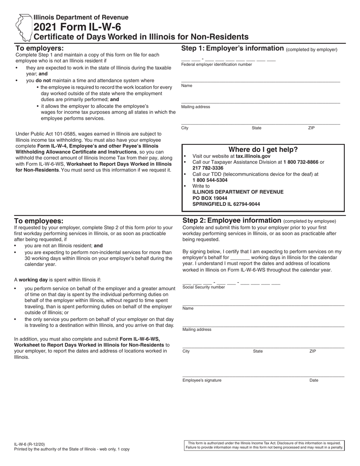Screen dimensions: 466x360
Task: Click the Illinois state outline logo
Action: click(x=23, y=27)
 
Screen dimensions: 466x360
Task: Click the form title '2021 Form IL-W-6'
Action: click(x=77, y=27)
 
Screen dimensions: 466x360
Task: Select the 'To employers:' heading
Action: click(x=39, y=48)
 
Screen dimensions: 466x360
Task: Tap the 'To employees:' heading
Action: click(x=39, y=221)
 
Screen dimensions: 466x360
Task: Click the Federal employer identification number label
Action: click(x=216, y=65)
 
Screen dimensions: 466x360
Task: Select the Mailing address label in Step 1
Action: click(x=195, y=107)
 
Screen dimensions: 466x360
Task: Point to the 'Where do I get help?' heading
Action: click(x=263, y=149)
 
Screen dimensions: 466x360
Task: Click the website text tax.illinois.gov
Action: click(x=253, y=156)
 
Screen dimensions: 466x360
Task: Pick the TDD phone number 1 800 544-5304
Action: click(x=210, y=180)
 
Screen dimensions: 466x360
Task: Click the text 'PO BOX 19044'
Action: click(x=210, y=198)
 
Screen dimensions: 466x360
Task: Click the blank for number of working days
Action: click(x=239, y=257)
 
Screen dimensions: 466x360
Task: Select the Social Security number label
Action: click(x=203, y=287)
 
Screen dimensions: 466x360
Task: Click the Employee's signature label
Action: click(x=202, y=380)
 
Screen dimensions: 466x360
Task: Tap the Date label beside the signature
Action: click(x=313, y=380)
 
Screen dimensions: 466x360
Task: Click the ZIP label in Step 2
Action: click(x=312, y=351)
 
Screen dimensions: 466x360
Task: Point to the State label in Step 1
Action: click(x=256, y=128)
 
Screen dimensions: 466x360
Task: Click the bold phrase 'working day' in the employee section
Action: click(x=33, y=280)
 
